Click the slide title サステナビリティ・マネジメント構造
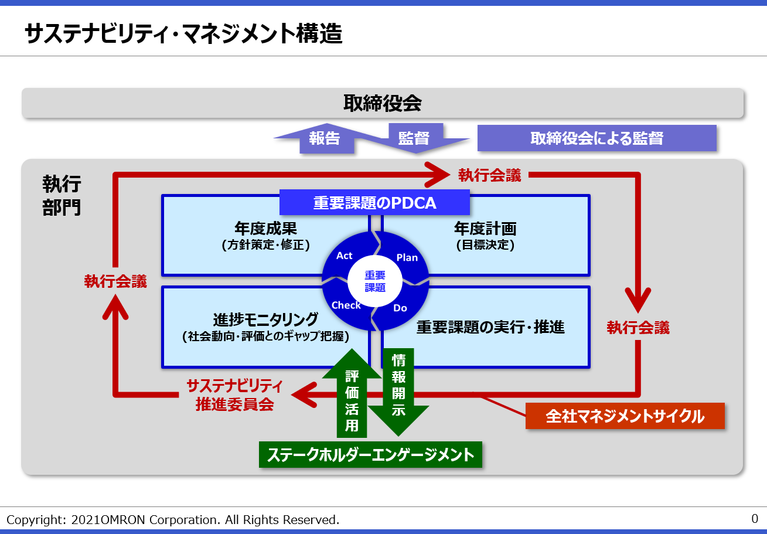tap(183, 35)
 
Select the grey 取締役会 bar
tap(383, 104)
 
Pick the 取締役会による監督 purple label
tap(596, 138)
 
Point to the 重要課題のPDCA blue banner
tap(375, 203)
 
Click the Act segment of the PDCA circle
tap(345, 256)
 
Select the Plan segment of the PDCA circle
tap(407, 257)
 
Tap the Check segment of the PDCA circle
tap(346, 305)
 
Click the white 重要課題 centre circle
tap(375, 281)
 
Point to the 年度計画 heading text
tap(485, 228)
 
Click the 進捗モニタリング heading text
tap(265, 319)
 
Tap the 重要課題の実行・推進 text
tap(490, 327)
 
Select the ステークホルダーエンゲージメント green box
tap(370, 455)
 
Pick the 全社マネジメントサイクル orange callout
tap(625, 416)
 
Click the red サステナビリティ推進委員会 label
tap(234, 395)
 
